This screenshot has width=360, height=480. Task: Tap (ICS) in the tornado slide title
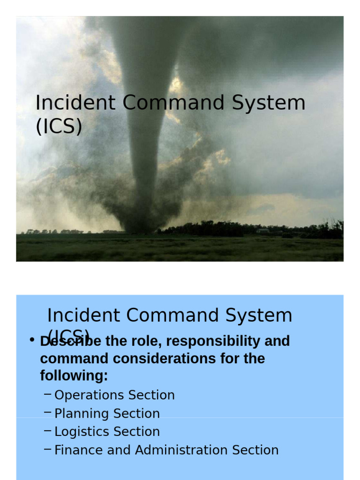pyautogui.click(x=59, y=127)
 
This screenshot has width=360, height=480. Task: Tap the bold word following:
pyautogui.click(x=74, y=376)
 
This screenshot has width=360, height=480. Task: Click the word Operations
pyautogui.click(x=86, y=395)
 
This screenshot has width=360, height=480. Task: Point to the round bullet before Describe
pyautogui.click(x=32, y=340)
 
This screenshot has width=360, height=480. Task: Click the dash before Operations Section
pyautogui.click(x=47, y=394)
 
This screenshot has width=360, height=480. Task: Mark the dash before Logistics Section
pyautogui.click(x=47, y=431)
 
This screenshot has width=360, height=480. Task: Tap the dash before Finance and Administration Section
pyautogui.click(x=47, y=449)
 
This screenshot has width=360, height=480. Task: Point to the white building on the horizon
pyautogui.click(x=263, y=231)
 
